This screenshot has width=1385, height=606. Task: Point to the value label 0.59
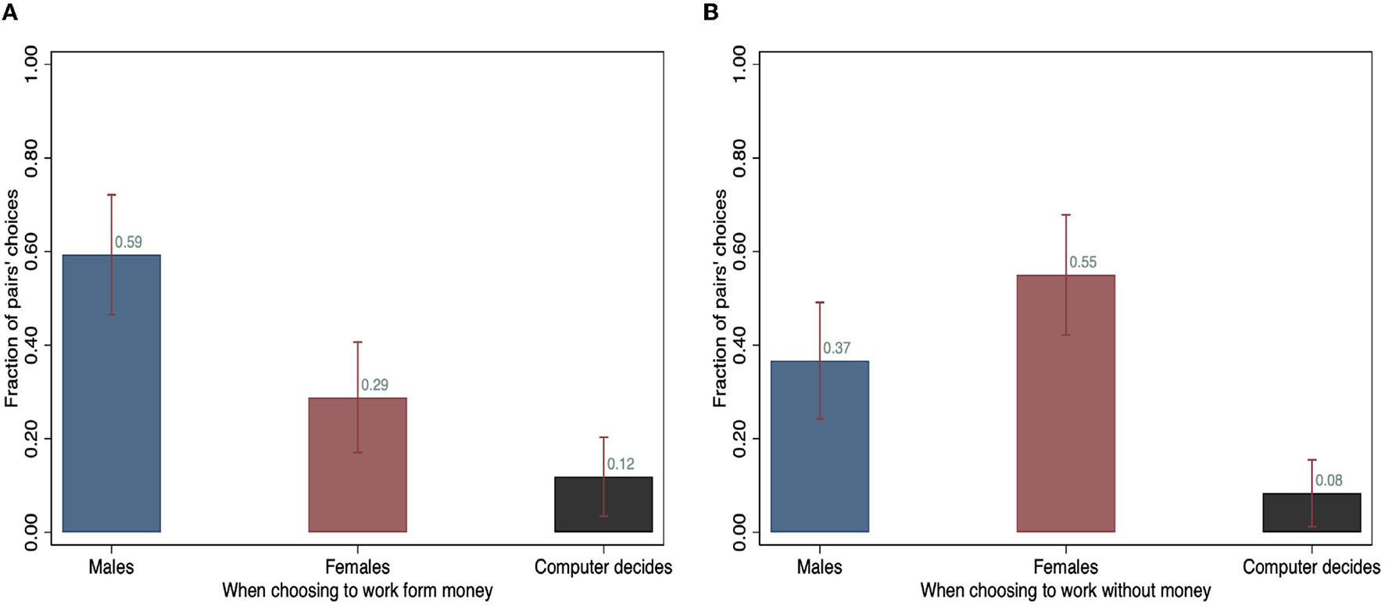(128, 242)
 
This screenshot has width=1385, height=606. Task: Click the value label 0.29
(374, 385)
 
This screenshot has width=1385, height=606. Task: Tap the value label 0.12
(621, 464)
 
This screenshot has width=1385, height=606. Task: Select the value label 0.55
(1083, 263)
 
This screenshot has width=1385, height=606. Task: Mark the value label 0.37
(836, 348)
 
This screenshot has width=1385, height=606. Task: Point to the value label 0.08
(1329, 480)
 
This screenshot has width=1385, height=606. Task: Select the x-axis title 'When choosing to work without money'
(1065, 590)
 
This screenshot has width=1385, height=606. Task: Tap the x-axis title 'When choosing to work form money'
(357, 590)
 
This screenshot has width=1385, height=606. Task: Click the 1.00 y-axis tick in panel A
(31, 63)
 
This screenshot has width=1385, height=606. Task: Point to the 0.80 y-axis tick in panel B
(739, 157)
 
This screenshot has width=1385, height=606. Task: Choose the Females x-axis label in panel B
(1065, 567)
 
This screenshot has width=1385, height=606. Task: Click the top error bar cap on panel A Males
(111, 195)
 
